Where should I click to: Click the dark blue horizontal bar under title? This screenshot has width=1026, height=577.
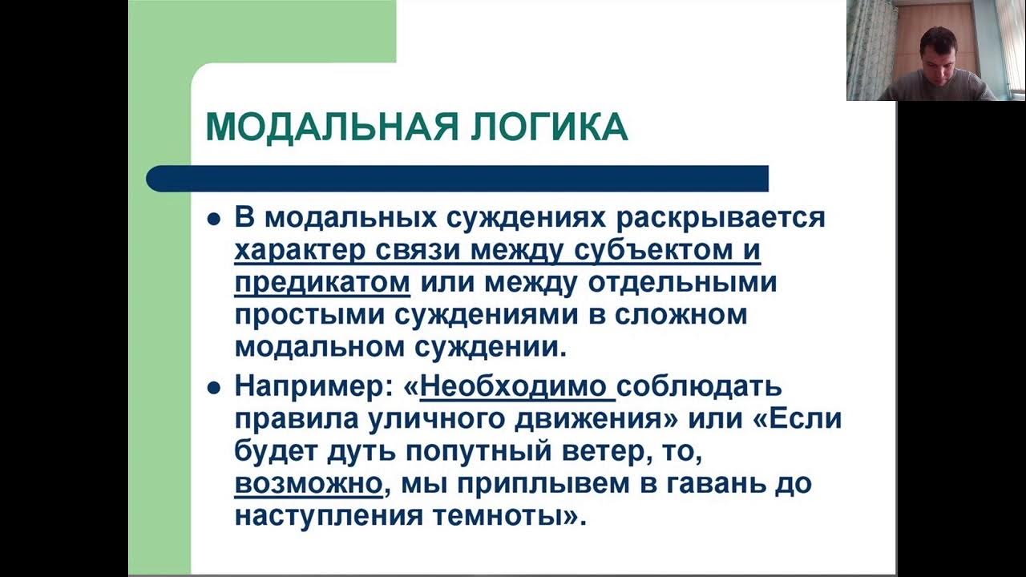click(457, 178)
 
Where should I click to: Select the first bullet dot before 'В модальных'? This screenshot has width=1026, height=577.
click(213, 220)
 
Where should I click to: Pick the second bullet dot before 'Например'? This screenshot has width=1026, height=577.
click(213, 388)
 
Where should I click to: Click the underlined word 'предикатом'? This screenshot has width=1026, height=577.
click(322, 283)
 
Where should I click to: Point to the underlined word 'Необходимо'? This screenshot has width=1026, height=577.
click(513, 386)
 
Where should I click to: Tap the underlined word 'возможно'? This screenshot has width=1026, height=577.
click(306, 484)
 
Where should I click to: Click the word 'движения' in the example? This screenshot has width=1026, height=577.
click(580, 419)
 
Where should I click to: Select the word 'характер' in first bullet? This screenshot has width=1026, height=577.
click(300, 250)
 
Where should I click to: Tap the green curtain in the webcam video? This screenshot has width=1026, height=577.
click(869, 48)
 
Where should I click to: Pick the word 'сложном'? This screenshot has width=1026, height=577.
click(681, 315)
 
